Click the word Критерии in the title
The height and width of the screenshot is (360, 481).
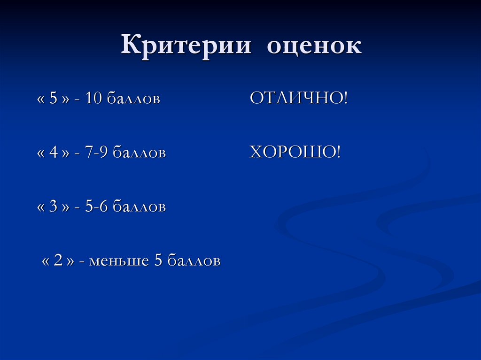click(x=186, y=46)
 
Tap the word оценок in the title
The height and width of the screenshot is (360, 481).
click(x=314, y=46)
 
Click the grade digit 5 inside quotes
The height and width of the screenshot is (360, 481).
click(x=53, y=99)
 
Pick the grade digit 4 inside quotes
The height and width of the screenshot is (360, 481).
click(x=53, y=153)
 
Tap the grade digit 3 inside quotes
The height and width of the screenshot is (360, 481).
click(x=53, y=207)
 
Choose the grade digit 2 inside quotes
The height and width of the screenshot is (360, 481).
click(x=58, y=260)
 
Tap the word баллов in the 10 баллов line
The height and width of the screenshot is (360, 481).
click(x=133, y=99)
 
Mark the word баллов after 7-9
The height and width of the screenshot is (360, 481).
click(x=139, y=153)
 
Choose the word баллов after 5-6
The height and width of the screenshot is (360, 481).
click(x=139, y=207)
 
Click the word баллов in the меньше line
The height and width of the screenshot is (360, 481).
click(x=194, y=261)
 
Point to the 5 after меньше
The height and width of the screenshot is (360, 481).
click(x=158, y=260)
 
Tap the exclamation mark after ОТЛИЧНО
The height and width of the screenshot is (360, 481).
click(x=345, y=99)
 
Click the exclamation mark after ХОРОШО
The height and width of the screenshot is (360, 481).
click(x=338, y=152)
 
